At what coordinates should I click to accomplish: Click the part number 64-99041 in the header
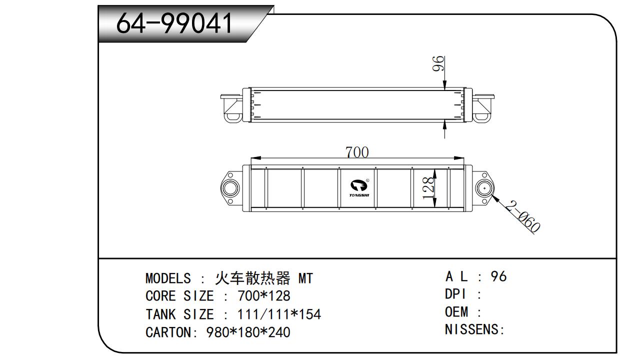(174, 23)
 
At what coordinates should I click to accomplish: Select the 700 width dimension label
(357, 152)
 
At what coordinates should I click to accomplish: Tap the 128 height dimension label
(428, 188)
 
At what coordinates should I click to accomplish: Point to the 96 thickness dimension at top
(438, 64)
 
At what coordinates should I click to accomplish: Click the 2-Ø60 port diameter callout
(522, 217)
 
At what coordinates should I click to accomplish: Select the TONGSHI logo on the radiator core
(358, 188)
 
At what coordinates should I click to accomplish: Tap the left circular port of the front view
(230, 188)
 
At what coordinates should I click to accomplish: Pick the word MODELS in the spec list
(168, 278)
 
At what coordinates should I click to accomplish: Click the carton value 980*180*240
(248, 332)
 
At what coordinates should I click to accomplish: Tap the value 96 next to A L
(498, 276)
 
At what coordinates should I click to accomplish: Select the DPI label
(455, 294)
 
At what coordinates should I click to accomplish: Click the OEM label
(456, 312)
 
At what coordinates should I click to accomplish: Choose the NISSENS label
(471, 330)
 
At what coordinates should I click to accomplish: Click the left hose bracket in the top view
(231, 107)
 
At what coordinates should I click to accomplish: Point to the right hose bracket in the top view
(482, 107)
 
